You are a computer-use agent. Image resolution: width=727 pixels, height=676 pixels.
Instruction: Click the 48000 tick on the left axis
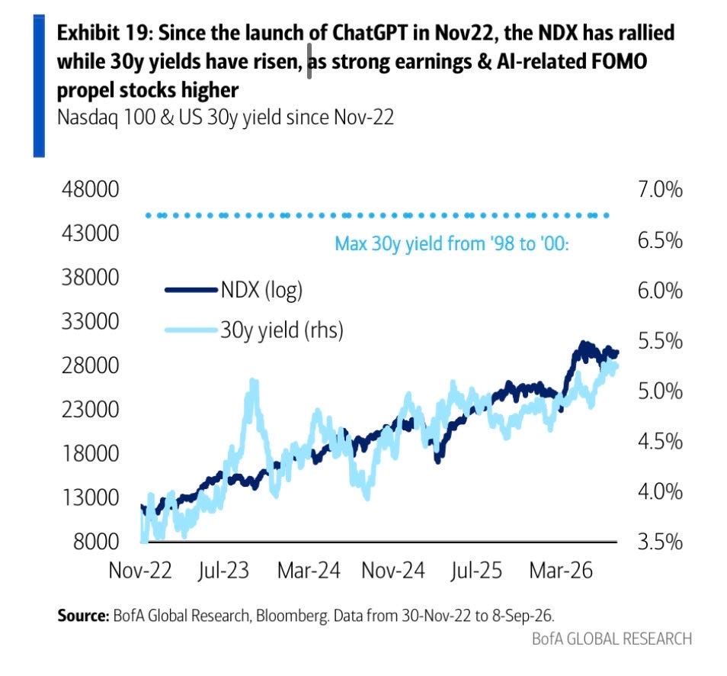90,189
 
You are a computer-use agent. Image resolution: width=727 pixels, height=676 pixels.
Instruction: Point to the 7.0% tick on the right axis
660,189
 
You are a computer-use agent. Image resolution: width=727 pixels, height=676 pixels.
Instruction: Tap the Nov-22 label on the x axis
140,570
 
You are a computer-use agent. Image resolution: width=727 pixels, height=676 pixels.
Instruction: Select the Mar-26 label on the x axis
561,570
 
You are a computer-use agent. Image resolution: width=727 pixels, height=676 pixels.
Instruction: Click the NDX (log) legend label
261,291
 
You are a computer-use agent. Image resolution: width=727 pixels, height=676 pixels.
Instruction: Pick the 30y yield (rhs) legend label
282,330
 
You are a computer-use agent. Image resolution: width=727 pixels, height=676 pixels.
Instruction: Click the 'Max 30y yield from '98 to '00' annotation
452,243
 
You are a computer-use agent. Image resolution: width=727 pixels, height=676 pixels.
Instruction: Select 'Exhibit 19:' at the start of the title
105,33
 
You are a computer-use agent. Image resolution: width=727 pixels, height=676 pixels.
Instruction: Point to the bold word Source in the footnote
82,616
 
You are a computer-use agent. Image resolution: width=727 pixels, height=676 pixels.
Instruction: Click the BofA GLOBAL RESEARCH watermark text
612,639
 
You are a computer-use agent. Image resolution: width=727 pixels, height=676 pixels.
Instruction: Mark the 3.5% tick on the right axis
660,542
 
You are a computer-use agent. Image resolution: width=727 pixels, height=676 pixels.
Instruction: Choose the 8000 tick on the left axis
96,542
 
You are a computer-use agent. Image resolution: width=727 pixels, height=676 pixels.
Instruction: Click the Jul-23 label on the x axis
223,570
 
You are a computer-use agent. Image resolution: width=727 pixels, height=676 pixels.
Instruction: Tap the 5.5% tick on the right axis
660,341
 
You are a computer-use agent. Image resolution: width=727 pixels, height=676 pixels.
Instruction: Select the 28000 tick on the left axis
90,365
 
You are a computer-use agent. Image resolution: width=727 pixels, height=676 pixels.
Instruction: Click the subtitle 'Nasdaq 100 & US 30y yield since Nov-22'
226,117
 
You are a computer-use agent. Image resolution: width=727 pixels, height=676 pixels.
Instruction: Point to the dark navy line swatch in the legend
191,290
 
